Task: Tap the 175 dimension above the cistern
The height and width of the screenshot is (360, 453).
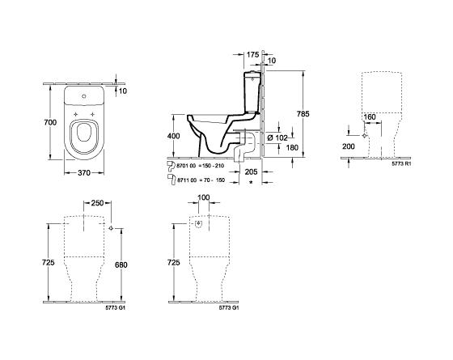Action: [x=251, y=54]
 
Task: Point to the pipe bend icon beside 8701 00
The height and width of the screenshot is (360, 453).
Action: [x=171, y=164]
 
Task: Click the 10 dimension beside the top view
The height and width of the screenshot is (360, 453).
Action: [x=125, y=91]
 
